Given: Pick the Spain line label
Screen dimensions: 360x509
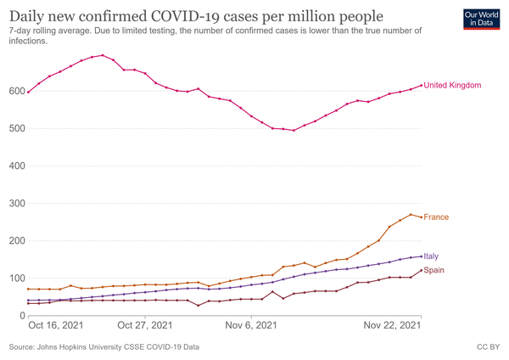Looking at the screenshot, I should [434, 270].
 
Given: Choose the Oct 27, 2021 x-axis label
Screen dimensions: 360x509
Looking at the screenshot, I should [146, 325].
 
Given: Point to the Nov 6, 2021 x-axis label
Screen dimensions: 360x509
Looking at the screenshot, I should [252, 325].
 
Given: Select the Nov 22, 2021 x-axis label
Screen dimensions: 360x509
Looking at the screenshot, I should [392, 325].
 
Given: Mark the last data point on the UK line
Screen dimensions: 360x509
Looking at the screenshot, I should [422, 85].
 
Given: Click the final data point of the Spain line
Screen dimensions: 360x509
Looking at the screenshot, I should [422, 271].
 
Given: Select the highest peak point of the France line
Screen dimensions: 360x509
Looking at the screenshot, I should [411, 215].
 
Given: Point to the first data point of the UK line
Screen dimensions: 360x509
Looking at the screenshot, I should [28, 92].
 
